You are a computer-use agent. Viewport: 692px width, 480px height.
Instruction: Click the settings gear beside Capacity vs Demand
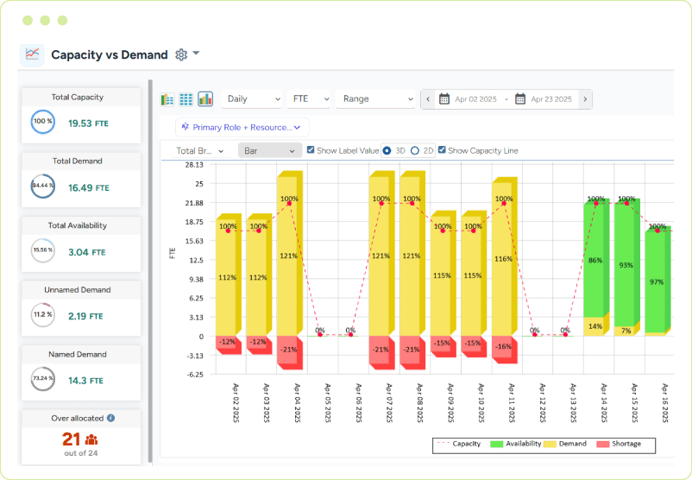coord(181,54)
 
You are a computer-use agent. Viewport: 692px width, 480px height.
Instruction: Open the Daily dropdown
coord(251,99)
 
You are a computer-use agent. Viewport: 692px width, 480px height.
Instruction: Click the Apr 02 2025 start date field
coord(470,99)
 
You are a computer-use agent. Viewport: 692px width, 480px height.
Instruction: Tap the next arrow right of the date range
coord(585,99)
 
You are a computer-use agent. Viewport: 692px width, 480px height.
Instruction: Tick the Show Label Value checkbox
coord(311,150)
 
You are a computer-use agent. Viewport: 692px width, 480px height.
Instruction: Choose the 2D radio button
coord(415,150)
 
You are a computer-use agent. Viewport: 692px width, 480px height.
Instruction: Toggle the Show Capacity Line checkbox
coord(443,150)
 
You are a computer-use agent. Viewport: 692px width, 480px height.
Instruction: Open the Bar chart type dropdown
coord(268,150)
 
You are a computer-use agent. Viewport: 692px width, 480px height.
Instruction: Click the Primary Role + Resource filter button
coord(242,127)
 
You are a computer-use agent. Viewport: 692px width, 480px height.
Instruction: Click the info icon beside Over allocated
coord(111,418)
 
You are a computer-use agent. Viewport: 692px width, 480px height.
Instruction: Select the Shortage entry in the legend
coord(623,444)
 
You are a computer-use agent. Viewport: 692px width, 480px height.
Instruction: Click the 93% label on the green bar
coord(626,265)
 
